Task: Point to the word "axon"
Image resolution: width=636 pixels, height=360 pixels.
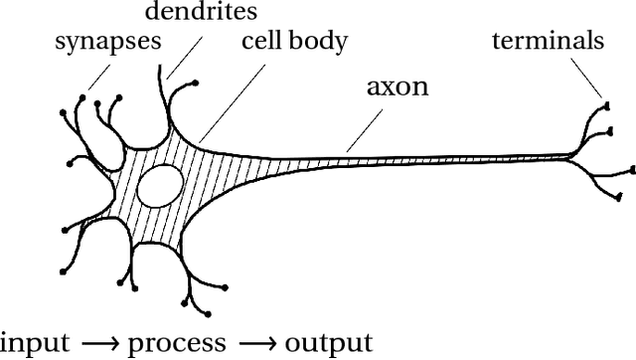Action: point(397,86)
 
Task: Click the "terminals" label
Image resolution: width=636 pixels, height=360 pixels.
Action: point(548,41)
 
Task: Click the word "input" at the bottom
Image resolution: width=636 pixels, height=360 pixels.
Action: point(36,343)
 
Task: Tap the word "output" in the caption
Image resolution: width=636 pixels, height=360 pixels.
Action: point(328,343)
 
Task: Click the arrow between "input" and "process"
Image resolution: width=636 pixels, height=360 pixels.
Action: point(99,343)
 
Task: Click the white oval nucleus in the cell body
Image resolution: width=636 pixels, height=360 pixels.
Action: point(161,186)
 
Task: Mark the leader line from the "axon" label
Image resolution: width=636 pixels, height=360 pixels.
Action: point(366,127)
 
